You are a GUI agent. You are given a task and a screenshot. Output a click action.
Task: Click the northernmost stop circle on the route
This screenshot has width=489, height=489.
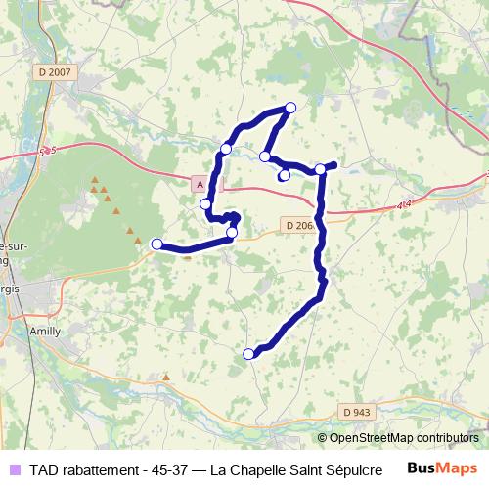pyautogui.click(x=289, y=108)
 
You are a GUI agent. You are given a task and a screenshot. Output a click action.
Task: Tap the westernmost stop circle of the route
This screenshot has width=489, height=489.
pyautogui.click(x=156, y=244)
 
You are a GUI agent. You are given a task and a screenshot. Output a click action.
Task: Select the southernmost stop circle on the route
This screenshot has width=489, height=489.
pyautogui.click(x=248, y=354)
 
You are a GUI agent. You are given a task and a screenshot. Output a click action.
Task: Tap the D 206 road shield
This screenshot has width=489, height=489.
pyautogui.click(x=300, y=225)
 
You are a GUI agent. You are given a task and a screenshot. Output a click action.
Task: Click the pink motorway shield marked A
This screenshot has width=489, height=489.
pyautogui.click(x=200, y=184)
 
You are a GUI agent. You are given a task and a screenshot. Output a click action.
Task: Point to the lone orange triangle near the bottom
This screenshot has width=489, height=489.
pyautogui.click(x=166, y=377)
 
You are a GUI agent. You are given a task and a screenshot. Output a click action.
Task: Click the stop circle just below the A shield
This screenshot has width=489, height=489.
pyautogui.click(x=205, y=203)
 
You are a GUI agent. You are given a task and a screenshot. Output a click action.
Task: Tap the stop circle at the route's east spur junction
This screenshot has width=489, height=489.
pyautogui.click(x=320, y=169)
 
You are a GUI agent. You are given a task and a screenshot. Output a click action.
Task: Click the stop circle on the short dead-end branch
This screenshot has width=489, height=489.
pyautogui.click(x=284, y=176)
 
